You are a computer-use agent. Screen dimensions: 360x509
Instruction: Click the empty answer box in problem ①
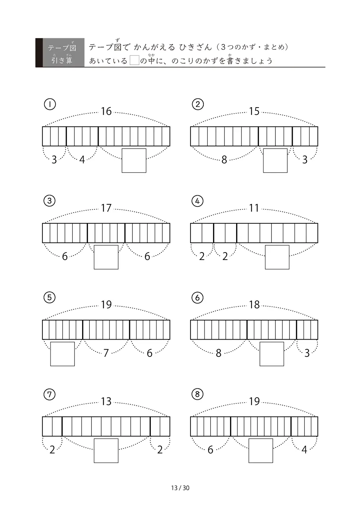[134, 160]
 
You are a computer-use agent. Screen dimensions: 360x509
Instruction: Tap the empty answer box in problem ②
[275, 160]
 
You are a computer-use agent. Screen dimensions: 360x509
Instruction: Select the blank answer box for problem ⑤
[62, 354]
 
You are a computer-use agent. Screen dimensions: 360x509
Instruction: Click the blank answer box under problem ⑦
[106, 451]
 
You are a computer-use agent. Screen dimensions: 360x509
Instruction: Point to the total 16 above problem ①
[106, 112]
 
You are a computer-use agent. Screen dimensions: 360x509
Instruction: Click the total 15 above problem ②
[254, 112]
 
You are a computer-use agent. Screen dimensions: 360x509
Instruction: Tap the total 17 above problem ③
[106, 208]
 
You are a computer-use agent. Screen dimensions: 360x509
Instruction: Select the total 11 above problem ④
[254, 208]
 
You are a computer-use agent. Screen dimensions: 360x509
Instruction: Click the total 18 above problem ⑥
[254, 305]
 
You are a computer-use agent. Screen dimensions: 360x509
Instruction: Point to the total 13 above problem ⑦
[106, 401]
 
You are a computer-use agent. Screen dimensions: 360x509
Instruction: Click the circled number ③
[49, 201]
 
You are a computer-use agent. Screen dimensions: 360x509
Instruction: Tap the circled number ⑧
[197, 394]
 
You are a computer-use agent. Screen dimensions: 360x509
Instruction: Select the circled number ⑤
[49, 297]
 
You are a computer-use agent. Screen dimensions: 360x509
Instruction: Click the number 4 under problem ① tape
[82, 160]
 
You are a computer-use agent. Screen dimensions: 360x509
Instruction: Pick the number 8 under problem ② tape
[224, 160]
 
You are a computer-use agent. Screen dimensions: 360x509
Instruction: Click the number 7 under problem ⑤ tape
[106, 353]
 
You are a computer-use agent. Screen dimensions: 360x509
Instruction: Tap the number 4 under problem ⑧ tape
[304, 450]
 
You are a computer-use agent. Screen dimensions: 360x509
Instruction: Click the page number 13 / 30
[180, 488]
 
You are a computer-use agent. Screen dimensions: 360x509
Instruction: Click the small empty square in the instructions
[134, 60]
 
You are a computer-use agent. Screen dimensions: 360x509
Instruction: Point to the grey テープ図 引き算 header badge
[60, 53]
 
